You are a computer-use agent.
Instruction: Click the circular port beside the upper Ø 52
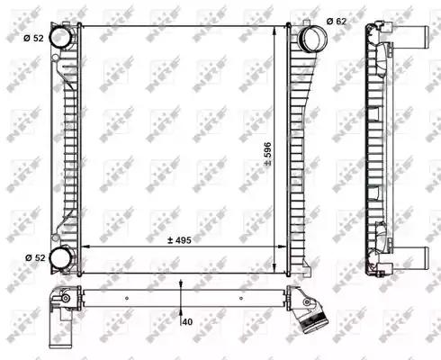coord(61,38)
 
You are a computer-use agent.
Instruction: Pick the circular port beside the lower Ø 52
coord(61,258)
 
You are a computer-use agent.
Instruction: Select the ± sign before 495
coord(168,241)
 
